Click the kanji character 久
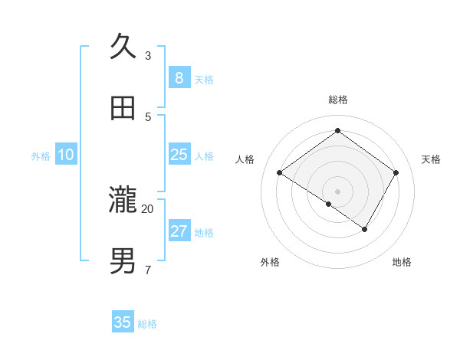pyautogui.click(x=123, y=47)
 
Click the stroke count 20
pyautogui.click(x=148, y=208)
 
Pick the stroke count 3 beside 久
pyautogui.click(x=148, y=55)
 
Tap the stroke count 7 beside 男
pyautogui.click(x=148, y=270)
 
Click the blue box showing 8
pyautogui.click(x=179, y=77)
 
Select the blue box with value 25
pyautogui.click(x=179, y=155)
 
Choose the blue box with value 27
pyautogui.click(x=179, y=231)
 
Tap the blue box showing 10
pyautogui.click(x=66, y=155)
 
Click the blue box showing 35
pyautogui.click(x=123, y=322)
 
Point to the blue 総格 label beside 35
pyautogui.click(x=147, y=324)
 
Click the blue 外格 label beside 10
pyautogui.click(x=41, y=156)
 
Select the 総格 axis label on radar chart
pyautogui.click(x=337, y=100)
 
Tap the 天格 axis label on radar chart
pyautogui.click(x=431, y=159)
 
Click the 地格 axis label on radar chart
pyautogui.click(x=402, y=262)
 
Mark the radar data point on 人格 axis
pyautogui.click(x=279, y=173)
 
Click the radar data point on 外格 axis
pyautogui.click(x=329, y=204)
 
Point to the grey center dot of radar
pyautogui.click(x=337, y=191)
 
